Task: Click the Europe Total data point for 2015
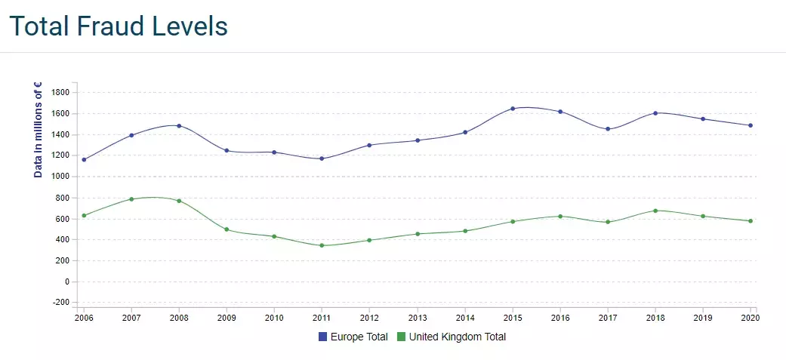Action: (x=513, y=109)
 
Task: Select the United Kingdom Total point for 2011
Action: (x=322, y=245)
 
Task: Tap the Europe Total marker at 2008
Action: (x=179, y=126)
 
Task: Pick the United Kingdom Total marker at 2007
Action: (x=131, y=199)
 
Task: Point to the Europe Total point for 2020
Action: (x=751, y=125)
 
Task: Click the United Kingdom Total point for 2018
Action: (x=655, y=211)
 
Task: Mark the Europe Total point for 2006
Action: (x=84, y=159)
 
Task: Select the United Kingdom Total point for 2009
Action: (x=227, y=229)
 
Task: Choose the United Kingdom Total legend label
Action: (x=457, y=337)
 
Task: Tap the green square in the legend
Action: (x=401, y=337)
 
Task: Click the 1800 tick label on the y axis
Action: (x=60, y=92)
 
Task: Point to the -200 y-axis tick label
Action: (x=60, y=303)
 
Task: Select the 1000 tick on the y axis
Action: (x=60, y=177)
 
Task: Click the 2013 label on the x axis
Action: (x=417, y=318)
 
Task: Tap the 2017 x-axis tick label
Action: (x=608, y=318)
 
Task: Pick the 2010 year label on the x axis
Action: (x=274, y=318)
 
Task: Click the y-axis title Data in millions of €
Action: (x=38, y=130)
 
